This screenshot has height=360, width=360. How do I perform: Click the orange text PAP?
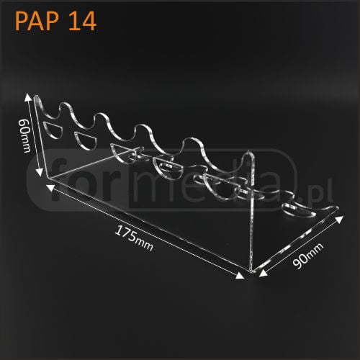37,21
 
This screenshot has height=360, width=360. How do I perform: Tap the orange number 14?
82,21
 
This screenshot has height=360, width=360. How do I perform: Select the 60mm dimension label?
24,136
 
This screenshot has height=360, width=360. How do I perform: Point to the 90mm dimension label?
308,256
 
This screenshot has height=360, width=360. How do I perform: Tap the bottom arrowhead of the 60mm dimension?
40,172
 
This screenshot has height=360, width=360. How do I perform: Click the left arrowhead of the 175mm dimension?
50,188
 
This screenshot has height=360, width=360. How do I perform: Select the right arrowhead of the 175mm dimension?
240,276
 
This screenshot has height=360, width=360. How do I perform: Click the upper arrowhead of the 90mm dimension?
339,220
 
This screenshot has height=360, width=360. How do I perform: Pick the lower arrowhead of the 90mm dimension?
264,273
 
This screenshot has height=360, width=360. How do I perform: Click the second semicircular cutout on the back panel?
86,140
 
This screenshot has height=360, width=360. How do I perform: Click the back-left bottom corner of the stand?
48,177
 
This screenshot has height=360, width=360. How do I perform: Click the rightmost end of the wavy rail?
337,208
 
